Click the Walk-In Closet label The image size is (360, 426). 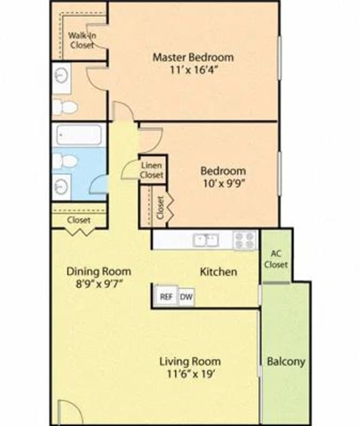pos(81,40)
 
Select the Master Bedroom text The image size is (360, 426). pos(194,57)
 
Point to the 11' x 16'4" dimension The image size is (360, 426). pos(194,70)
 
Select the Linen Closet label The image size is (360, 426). pos(152,170)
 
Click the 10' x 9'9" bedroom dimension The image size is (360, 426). pos(222,183)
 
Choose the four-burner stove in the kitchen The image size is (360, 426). pos(245,240)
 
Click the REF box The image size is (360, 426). pos(166,297)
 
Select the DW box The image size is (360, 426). pos(186,297)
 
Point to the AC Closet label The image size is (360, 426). pos(279,259)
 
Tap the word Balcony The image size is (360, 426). pos(286,361)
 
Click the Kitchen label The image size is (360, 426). pos(217,272)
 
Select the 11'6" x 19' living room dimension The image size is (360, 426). pos(189,374)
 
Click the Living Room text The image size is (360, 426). pos(189,361)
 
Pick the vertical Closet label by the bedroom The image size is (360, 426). pos(161,207)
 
